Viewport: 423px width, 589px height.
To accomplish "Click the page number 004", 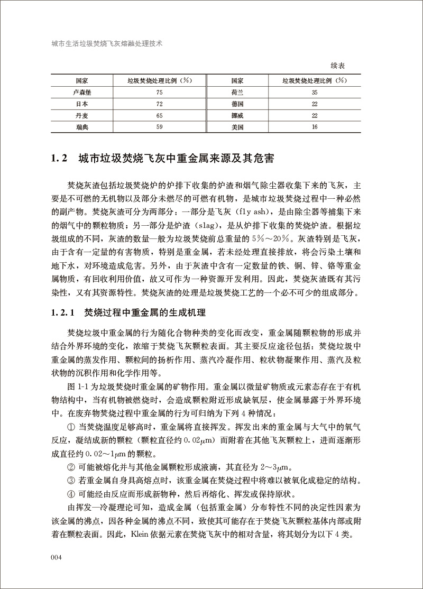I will pyautogui.click(x=57, y=557).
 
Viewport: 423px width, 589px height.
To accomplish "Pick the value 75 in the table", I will pyautogui.click(x=159, y=91).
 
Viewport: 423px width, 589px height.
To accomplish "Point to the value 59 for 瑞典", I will pyautogui.click(x=159, y=126).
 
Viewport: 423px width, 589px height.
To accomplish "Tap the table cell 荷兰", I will pyautogui.click(x=237, y=91).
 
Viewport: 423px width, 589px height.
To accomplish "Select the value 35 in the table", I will pyautogui.click(x=315, y=91).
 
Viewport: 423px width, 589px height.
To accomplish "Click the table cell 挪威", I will pyautogui.click(x=237, y=115).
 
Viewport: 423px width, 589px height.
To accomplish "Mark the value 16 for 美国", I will pyautogui.click(x=315, y=126).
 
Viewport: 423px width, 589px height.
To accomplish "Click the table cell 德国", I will pyautogui.click(x=237, y=103).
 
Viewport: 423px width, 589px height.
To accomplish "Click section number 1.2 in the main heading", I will pyautogui.click(x=60, y=158).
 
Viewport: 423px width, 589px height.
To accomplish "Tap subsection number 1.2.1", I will pyautogui.click(x=65, y=312).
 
